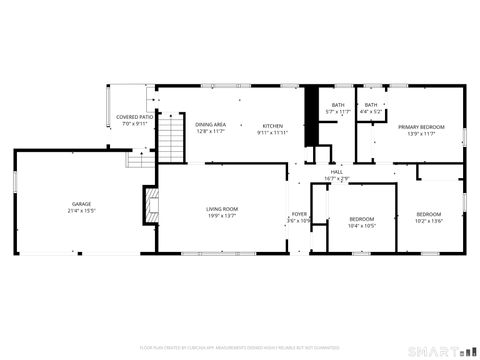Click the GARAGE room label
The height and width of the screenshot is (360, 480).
coord(80,204)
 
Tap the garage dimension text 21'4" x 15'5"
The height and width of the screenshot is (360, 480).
coord(80,211)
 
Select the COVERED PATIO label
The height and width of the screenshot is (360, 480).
coord(134,117)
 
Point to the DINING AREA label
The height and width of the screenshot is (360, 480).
coord(210,125)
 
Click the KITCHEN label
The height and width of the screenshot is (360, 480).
coord(273,125)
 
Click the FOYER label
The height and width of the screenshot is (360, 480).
coord(299,213)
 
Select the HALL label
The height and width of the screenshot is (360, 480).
coord(337,171)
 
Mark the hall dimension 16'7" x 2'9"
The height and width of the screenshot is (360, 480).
coord(337,178)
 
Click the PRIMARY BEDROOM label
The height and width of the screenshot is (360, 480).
coord(420,127)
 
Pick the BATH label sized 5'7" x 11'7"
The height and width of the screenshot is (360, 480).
coord(338,105)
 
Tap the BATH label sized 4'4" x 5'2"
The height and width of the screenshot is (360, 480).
coord(371,105)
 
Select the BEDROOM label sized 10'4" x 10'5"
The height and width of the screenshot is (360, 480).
coord(361,218)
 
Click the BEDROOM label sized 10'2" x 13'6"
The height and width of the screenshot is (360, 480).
coord(428,214)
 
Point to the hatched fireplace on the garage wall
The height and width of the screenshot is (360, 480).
coord(152,207)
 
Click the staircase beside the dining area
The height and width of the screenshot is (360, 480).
coord(175,138)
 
